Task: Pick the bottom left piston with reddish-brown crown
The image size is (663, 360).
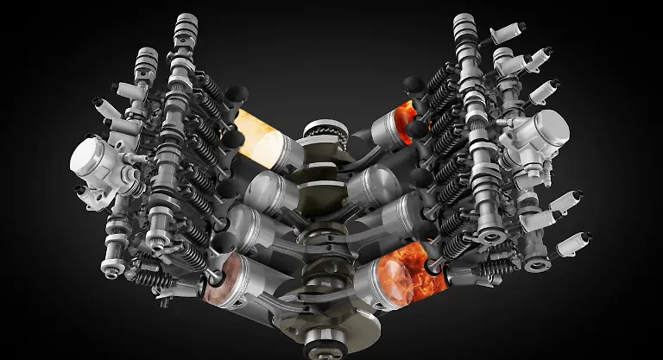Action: point(231,281)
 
